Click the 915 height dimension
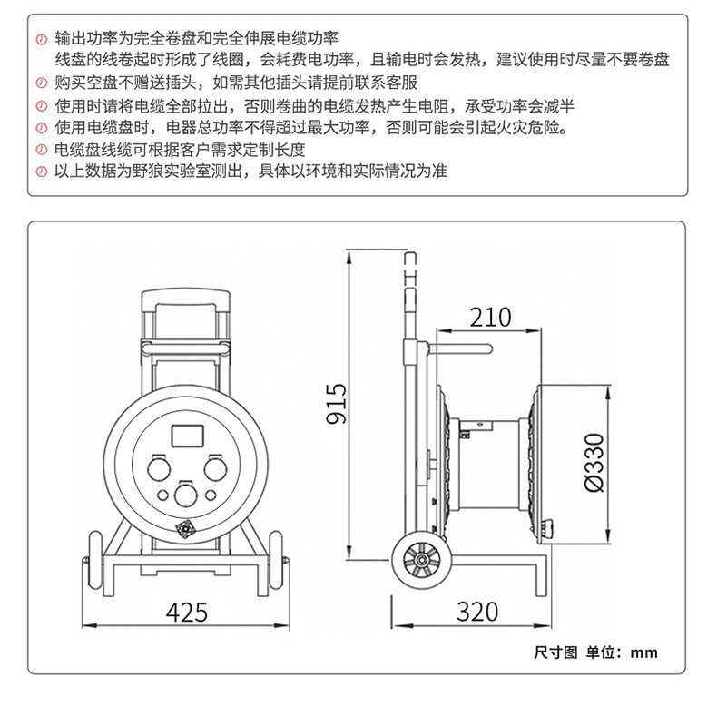point(337,403)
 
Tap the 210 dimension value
point(490,318)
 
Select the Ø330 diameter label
point(594,462)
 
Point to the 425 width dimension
point(187,612)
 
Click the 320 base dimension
point(476,612)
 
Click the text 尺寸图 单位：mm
point(595,652)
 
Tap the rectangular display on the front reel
point(188,436)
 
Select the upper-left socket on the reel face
point(159,468)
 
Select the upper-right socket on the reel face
point(215,468)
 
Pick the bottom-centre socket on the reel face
point(186,495)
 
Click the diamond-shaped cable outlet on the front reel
point(185,530)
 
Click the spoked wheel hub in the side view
point(421,560)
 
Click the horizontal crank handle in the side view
point(459,349)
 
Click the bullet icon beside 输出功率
point(42,39)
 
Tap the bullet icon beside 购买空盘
point(42,83)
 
